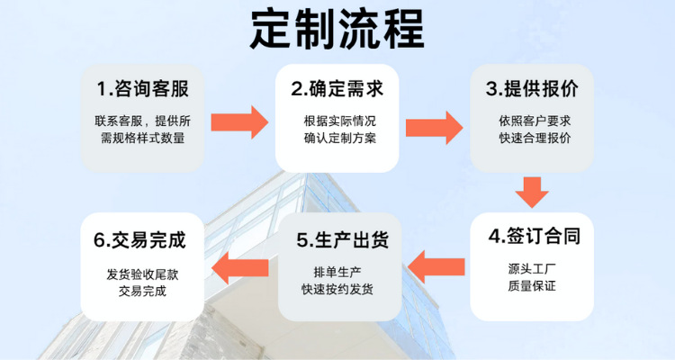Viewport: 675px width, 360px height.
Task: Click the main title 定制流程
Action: pyautogui.click(x=337, y=30)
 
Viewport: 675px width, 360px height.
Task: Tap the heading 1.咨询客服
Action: pyautogui.click(x=142, y=89)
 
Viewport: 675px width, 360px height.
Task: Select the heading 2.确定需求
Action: pyautogui.click(x=337, y=89)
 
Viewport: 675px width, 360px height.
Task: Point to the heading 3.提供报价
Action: pyautogui.click(x=532, y=89)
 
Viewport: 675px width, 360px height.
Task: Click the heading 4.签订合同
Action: pyautogui.click(x=535, y=236)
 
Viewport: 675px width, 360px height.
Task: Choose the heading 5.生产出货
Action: pyautogui.click(x=342, y=240)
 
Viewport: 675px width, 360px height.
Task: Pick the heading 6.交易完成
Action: pyautogui.click(x=139, y=240)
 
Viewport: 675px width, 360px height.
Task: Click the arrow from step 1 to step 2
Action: pyautogui.click(x=239, y=122)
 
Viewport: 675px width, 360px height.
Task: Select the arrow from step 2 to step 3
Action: pyautogui.click(x=435, y=128)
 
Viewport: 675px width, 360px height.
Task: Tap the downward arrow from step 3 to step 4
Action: pyautogui.click(x=532, y=193)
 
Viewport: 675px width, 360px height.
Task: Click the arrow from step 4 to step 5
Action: pyautogui.click(x=436, y=267)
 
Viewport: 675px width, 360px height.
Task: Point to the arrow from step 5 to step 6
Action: pyautogui.click(x=240, y=268)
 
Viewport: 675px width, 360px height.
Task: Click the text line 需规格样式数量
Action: pyautogui.click(x=142, y=138)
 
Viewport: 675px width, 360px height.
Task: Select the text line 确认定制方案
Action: pyautogui.click(x=340, y=138)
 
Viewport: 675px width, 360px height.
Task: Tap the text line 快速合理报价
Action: pyautogui.click(x=535, y=138)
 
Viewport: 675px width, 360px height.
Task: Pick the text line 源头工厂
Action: pyautogui.click(x=532, y=269)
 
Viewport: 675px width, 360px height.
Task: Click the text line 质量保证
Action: pyautogui.click(x=532, y=285)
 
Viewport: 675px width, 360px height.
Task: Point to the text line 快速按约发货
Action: pyautogui.click(x=337, y=290)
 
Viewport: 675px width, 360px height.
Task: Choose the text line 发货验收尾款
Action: pyautogui.click(x=142, y=274)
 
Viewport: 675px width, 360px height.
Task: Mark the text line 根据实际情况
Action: pyautogui.click(x=340, y=121)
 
